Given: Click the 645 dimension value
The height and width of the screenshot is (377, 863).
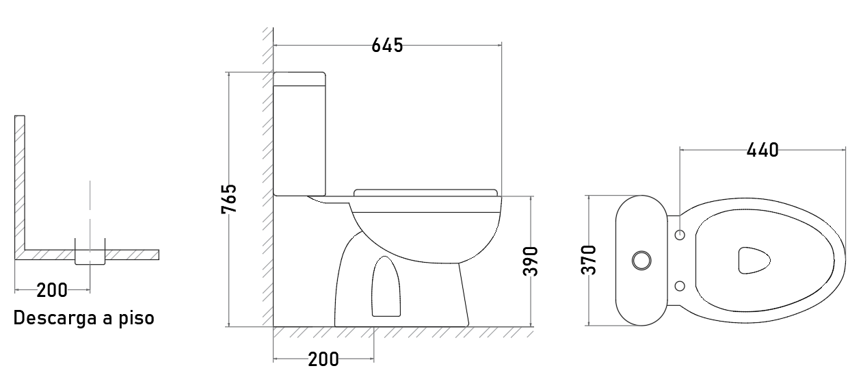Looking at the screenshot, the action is point(387,45).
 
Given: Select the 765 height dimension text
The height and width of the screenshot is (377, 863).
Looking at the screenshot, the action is point(229,198).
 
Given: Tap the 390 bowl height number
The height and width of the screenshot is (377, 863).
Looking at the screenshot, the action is point(530,261).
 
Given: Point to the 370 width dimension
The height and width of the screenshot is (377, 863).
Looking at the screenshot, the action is point(588,260).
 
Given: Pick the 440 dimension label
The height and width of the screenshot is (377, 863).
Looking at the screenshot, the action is point(762,150).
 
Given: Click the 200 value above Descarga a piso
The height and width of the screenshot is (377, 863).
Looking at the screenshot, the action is point(52,290).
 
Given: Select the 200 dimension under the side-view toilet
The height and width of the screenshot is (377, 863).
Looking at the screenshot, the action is point(323,360).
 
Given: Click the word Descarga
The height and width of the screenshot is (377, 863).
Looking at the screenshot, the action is point(55,318).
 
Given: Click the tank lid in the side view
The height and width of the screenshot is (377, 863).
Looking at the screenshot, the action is point(300,79).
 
